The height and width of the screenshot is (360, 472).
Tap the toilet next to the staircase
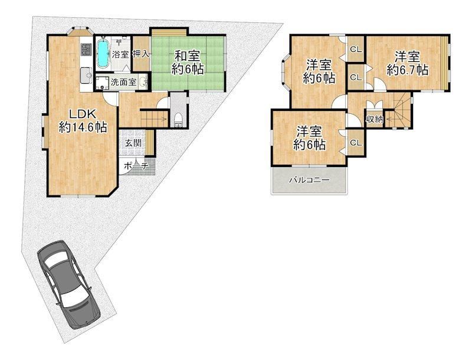(178, 120)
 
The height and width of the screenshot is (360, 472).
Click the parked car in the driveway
(68, 284)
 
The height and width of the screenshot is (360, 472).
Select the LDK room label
(83, 114)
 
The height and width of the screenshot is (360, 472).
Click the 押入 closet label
(141, 54)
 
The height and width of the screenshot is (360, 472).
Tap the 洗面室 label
(123, 82)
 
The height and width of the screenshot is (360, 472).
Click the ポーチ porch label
(136, 166)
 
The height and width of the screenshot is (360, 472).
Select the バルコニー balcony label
(309, 181)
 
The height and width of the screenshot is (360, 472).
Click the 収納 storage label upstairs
(375, 119)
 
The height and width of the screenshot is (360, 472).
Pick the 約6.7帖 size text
(408, 70)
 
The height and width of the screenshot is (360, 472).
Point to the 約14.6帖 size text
(83, 127)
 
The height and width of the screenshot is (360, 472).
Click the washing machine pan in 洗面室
(102, 83)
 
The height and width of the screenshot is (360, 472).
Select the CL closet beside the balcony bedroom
(356, 143)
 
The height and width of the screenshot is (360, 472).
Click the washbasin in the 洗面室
(144, 82)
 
